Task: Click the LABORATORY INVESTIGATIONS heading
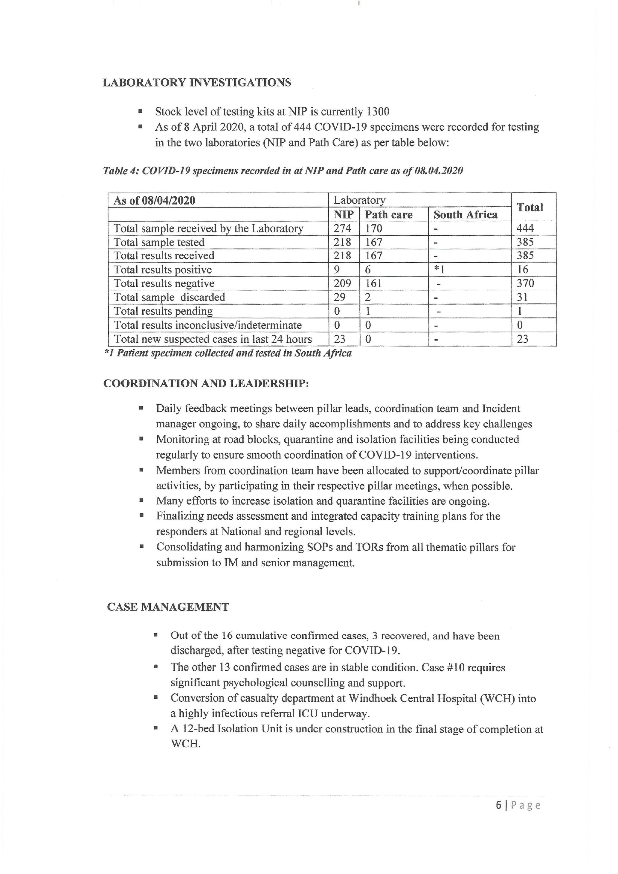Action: click(x=197, y=83)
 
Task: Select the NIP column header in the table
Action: click(x=344, y=215)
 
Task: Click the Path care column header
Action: click(x=389, y=215)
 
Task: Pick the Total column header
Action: click(x=530, y=208)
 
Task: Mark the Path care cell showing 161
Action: click(x=373, y=283)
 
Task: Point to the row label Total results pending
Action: click(x=163, y=311)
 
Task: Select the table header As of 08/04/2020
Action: click(x=155, y=201)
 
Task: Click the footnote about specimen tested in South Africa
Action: click(x=228, y=353)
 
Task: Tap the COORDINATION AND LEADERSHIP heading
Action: click(x=206, y=383)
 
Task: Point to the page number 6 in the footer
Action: click(x=498, y=805)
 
